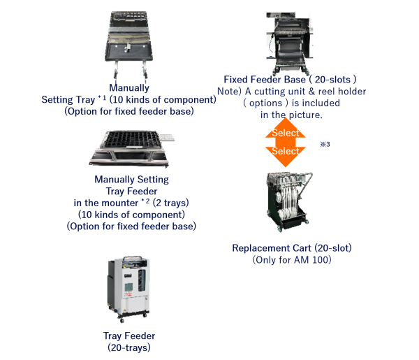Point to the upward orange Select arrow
tap(285, 130)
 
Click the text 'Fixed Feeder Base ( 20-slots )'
tap(291, 80)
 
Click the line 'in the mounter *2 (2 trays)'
tap(131, 203)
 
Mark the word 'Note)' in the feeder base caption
tap(229, 92)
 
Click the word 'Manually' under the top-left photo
tap(130, 88)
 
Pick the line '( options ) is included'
tap(291, 103)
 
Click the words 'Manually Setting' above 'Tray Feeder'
tap(131, 180)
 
